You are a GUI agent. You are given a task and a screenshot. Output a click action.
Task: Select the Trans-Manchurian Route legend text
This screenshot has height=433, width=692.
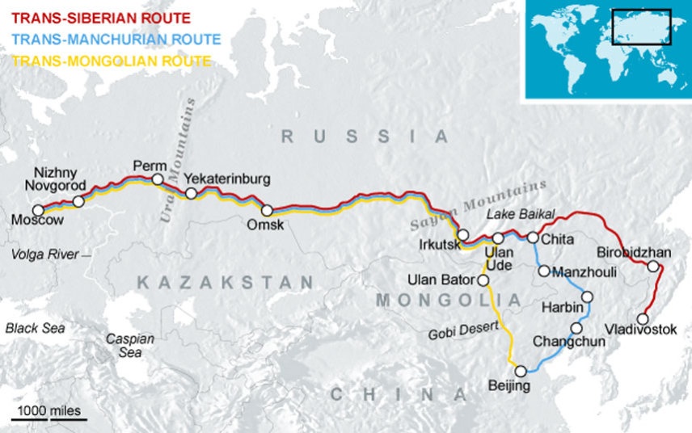click(x=116, y=38)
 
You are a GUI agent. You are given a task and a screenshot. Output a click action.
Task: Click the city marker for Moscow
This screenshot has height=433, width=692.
click(x=38, y=210)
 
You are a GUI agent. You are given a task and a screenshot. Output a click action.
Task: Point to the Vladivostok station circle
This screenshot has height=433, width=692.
click(x=643, y=318)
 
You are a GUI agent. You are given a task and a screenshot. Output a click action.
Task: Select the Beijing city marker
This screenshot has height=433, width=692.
click(x=521, y=371)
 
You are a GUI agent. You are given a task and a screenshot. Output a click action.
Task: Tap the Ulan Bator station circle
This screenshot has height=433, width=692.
click(x=483, y=280)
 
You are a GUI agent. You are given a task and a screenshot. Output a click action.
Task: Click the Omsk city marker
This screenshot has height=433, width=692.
click(x=267, y=211)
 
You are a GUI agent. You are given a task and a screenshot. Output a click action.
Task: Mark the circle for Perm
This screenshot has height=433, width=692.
click(x=158, y=179)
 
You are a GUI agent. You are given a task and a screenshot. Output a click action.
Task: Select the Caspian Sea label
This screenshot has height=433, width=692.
click(x=130, y=346)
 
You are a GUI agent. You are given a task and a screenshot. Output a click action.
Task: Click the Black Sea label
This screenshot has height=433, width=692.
click(x=35, y=328)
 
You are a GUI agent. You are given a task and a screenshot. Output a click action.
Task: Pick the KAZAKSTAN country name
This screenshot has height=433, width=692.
click(x=224, y=283)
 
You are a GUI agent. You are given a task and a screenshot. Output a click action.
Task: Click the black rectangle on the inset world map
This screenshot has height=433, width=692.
click(x=641, y=27)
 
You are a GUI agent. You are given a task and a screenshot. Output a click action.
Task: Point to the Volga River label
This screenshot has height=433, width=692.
click(x=45, y=254)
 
